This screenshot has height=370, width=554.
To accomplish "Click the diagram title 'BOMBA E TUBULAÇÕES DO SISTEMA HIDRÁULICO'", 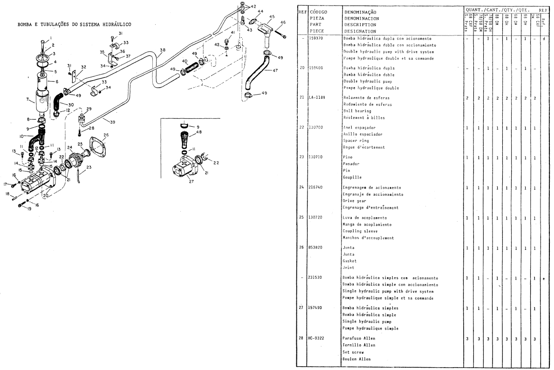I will [x=74, y=24].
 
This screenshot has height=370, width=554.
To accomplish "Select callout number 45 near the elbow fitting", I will [x=272, y=17].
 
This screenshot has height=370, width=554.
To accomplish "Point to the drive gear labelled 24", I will [x=75, y=158].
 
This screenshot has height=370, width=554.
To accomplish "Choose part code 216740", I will [x=316, y=187].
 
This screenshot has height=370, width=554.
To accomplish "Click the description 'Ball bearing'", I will [x=357, y=111].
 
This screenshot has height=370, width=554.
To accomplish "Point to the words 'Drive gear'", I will [x=355, y=200].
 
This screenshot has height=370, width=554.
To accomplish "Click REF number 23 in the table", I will [x=301, y=158].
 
